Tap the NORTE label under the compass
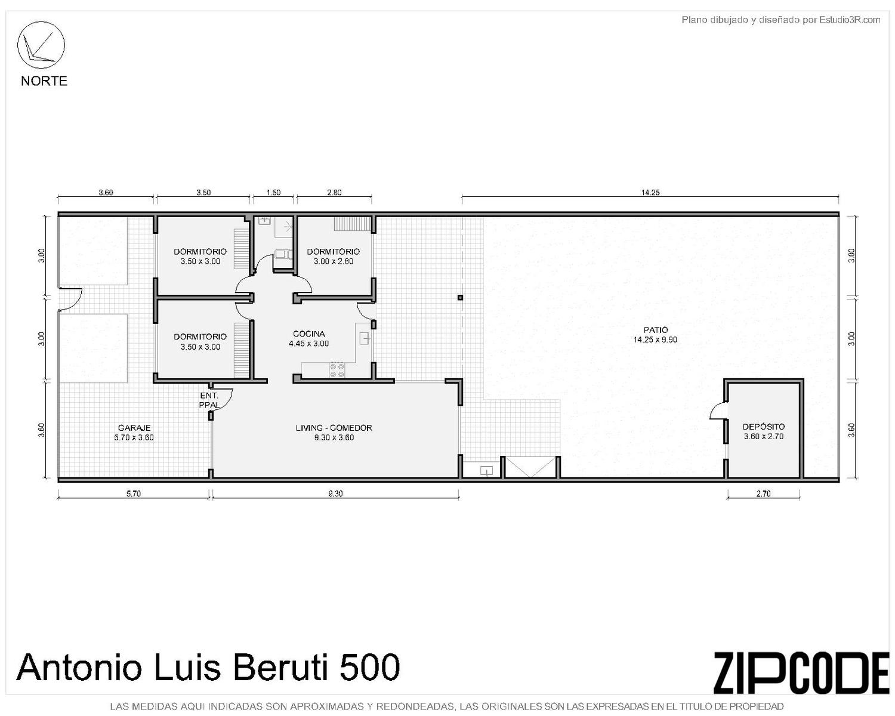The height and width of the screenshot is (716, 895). [x=44, y=81]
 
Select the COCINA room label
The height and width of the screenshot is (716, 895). [x=308, y=334]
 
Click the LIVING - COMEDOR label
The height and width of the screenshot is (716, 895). [x=334, y=428]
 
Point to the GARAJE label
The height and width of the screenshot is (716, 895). [x=134, y=428]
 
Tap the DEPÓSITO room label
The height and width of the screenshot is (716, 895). [x=764, y=427]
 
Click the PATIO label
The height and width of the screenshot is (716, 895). [x=656, y=330]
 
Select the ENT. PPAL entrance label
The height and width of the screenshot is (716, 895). [x=209, y=400]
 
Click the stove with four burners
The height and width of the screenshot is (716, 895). [x=337, y=370]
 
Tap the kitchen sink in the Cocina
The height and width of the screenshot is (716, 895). [x=365, y=339]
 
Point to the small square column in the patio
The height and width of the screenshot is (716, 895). [x=460, y=297]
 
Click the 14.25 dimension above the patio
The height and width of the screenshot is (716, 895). [x=650, y=193]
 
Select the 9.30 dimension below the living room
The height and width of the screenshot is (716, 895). [x=335, y=494]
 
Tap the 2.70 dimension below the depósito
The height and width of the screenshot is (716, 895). [x=763, y=494]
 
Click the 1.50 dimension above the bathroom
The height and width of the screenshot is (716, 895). [x=273, y=193]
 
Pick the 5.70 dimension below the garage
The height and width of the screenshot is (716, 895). [x=134, y=494]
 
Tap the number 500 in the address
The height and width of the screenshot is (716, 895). [x=369, y=667]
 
